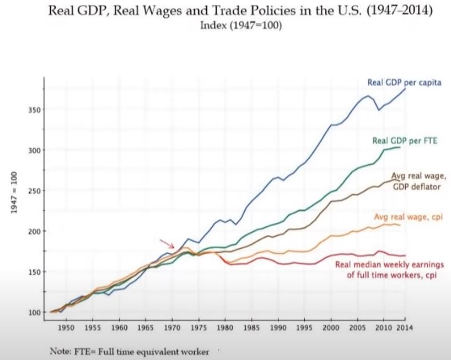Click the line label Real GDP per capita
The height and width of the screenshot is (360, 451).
[404, 83]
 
